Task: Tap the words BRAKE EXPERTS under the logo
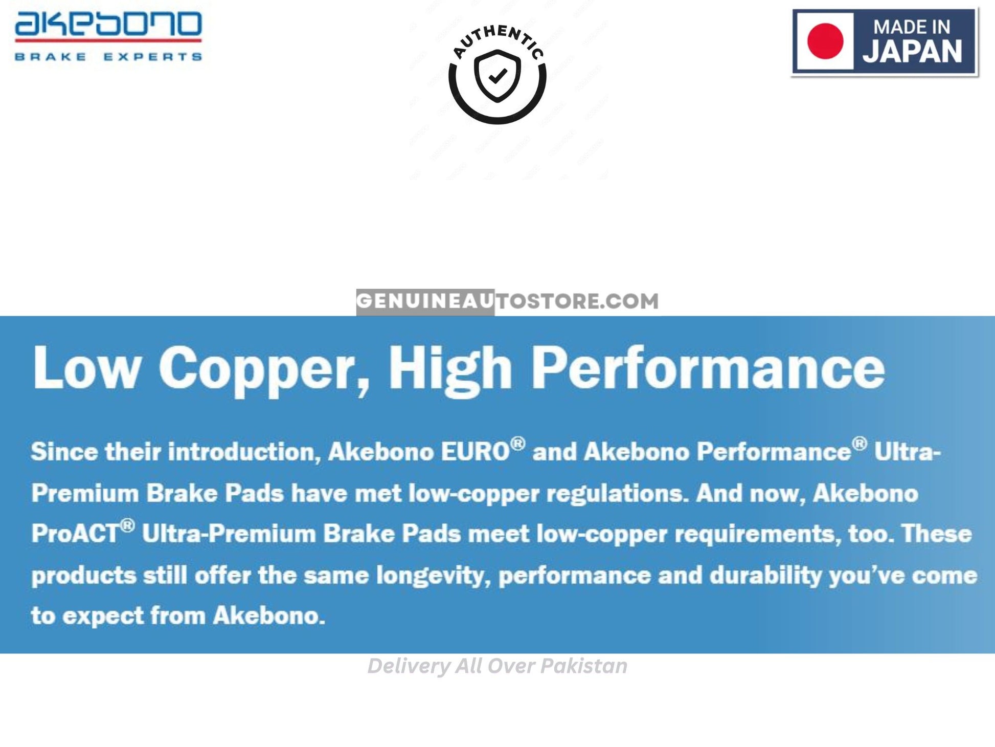pyautogui.click(x=108, y=56)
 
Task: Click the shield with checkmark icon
pyautogui.click(x=497, y=76)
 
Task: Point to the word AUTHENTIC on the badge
pyautogui.click(x=498, y=41)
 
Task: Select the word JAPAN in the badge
pyautogui.click(x=913, y=52)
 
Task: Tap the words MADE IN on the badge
pyautogui.click(x=912, y=27)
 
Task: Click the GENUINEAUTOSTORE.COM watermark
pyautogui.click(x=507, y=301)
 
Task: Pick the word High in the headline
pyautogui.click(x=450, y=370)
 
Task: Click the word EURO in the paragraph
pyautogui.click(x=476, y=451)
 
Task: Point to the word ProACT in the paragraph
pyautogui.click(x=75, y=533)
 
